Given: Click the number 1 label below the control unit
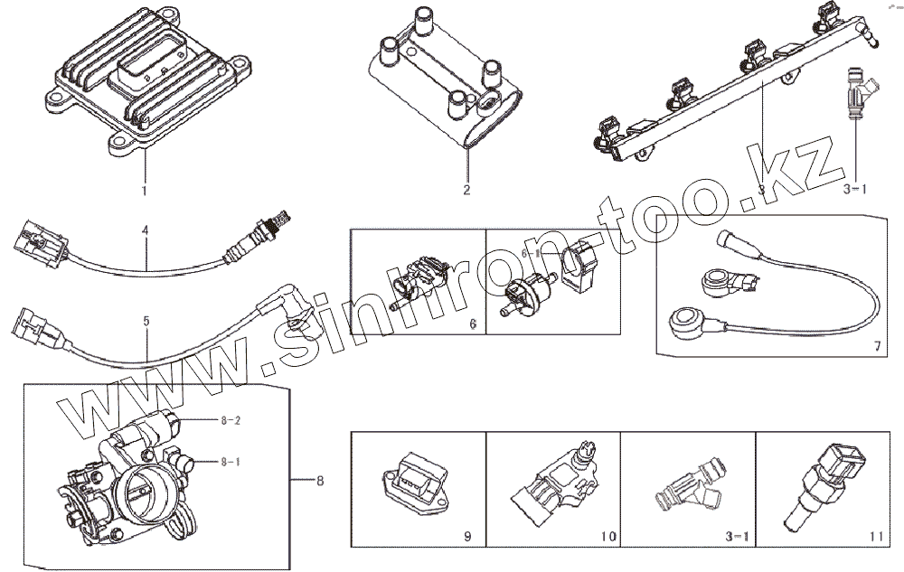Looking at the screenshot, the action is point(143,191).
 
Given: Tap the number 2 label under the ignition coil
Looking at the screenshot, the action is point(466,191).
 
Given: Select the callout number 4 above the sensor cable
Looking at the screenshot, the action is point(145,230).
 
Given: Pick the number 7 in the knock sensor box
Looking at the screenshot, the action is point(876,346).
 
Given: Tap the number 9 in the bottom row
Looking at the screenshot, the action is point(467,537).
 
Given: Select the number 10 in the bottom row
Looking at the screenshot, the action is point(607,537).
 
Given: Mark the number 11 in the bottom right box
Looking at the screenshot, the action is point(874,537).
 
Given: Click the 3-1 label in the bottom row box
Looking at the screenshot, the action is point(738,537).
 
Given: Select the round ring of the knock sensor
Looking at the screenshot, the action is point(678,317).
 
